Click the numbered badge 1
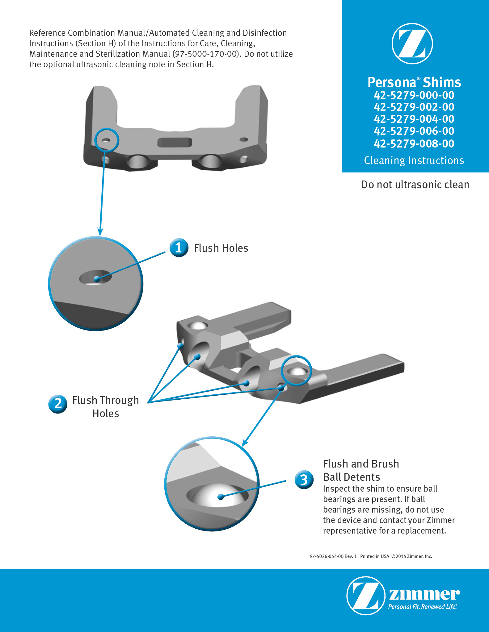[x=179, y=247]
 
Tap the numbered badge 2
[x=58, y=404]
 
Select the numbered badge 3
[x=304, y=480]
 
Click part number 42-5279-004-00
[x=414, y=119]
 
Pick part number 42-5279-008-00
[x=414, y=143]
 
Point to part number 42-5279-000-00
[x=414, y=95]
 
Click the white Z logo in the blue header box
[x=412, y=44]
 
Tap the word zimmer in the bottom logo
[x=424, y=594]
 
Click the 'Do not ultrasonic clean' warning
[x=415, y=185]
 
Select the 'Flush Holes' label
[x=221, y=248]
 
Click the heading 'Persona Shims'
[x=414, y=82]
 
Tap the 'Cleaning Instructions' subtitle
[x=414, y=160]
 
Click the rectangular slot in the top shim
[x=175, y=142]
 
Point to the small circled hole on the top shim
[x=106, y=140]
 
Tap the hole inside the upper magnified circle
[x=95, y=277]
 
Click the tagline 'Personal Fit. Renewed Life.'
[x=422, y=607]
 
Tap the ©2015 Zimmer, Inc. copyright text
[x=412, y=556]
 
